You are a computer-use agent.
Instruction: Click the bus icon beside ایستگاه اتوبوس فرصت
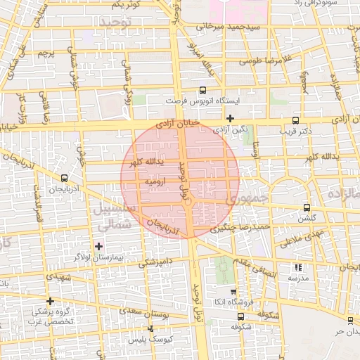(x=203, y=90)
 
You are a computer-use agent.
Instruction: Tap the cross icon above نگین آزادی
(x=230, y=118)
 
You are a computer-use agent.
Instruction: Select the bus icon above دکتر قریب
(x=295, y=120)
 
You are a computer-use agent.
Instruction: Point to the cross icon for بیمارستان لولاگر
(x=99, y=246)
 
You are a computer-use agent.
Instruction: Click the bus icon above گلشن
(x=307, y=207)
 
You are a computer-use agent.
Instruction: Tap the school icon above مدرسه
(x=298, y=267)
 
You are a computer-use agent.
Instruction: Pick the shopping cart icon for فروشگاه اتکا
(x=233, y=291)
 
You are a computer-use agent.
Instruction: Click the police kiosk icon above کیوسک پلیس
(x=151, y=328)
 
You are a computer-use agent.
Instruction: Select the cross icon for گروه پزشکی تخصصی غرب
(x=49, y=301)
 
